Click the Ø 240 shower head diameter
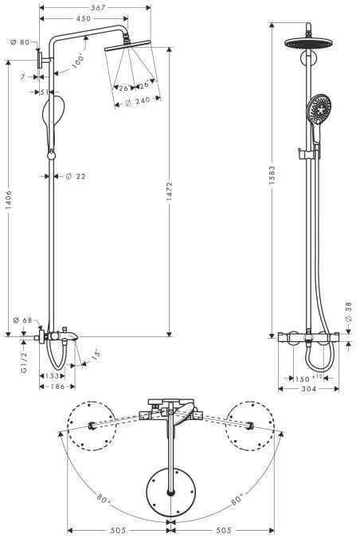pyautogui.click(x=133, y=101)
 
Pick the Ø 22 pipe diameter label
pyautogui.click(x=76, y=176)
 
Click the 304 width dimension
pyautogui.click(x=308, y=389)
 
